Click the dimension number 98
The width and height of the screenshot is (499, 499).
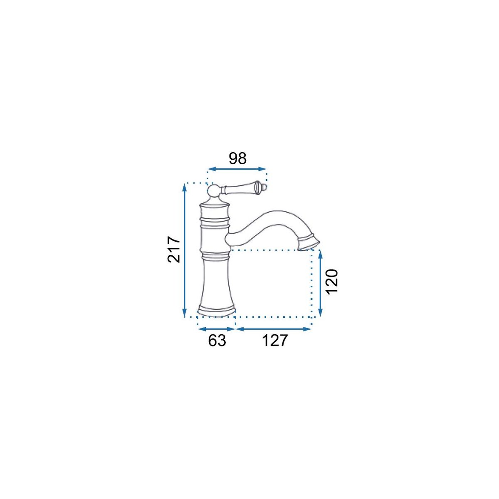(237, 158)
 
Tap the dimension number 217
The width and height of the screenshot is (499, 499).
(174, 249)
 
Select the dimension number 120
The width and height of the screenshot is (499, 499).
(332, 281)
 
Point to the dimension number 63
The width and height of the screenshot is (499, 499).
(217, 341)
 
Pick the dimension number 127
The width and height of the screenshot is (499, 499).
(275, 341)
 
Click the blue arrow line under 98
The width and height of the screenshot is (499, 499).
(237, 169)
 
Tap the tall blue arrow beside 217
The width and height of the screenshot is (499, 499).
(184, 250)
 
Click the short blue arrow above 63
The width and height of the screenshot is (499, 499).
(216, 329)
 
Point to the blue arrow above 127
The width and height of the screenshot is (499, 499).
(274, 329)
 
